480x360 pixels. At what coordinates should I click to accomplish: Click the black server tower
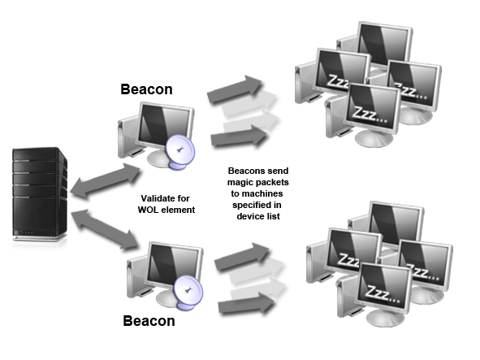click(x=40, y=193)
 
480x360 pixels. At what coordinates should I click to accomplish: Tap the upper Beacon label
click(x=147, y=89)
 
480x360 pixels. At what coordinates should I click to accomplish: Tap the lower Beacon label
click(x=149, y=321)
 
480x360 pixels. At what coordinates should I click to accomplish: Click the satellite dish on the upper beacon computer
click(x=180, y=152)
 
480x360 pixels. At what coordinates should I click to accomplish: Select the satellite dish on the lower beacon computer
click(x=188, y=292)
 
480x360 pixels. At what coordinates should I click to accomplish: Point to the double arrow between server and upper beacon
click(x=105, y=180)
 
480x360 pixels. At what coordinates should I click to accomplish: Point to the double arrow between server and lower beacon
click(x=105, y=229)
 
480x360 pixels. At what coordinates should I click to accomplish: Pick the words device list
click(x=258, y=216)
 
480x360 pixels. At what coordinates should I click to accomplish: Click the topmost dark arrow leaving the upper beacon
click(x=235, y=89)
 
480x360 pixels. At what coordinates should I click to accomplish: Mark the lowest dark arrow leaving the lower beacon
click(x=246, y=304)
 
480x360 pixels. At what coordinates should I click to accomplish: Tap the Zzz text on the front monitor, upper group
click(x=370, y=115)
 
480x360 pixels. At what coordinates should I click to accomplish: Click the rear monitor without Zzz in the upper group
click(x=384, y=44)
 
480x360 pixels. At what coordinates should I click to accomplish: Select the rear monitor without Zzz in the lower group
click(x=396, y=223)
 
